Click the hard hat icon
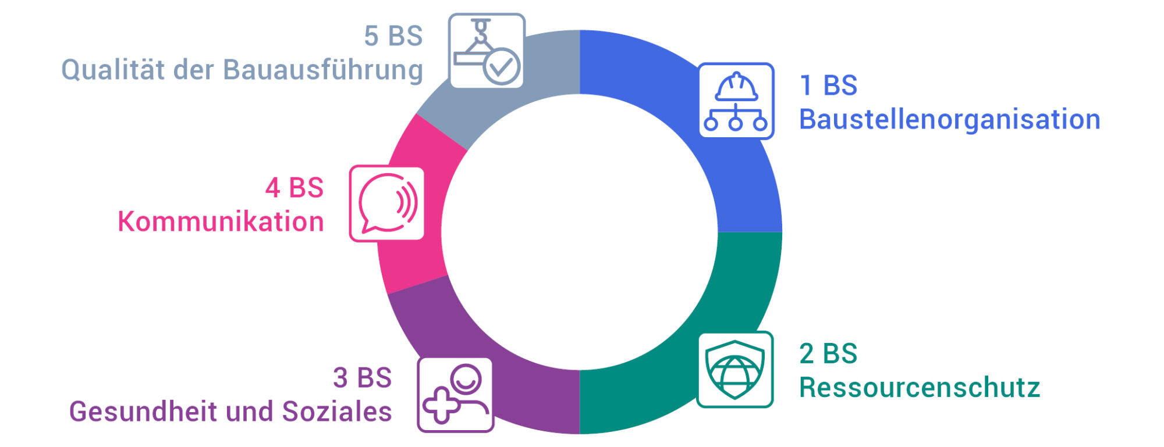point(736,101)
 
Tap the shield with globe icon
point(735,370)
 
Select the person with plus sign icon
point(455,395)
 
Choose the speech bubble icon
point(386,203)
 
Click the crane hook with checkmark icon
point(487,51)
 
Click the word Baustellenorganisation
point(950,119)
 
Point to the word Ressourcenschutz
point(920,388)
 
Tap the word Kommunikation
point(221,221)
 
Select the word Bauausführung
point(323,70)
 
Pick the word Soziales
point(337,412)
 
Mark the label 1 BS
point(829,85)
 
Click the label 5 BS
point(393,36)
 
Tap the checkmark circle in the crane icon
point(502,67)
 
